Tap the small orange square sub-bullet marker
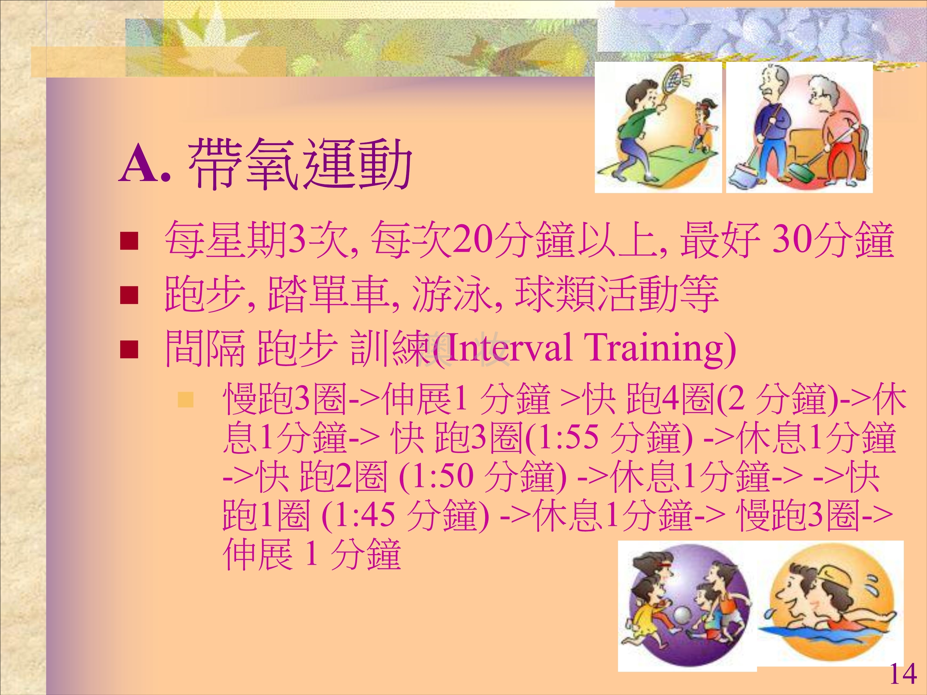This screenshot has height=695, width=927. point(186,400)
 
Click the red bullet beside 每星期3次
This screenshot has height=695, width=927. point(129,241)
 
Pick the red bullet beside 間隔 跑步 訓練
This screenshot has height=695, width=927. point(129,349)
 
